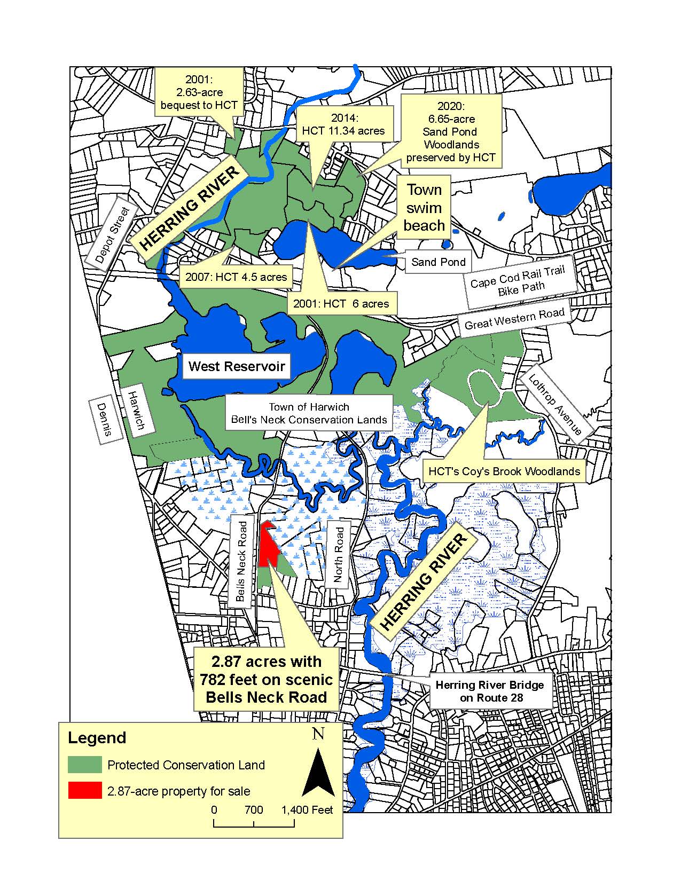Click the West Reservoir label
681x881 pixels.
point(237,366)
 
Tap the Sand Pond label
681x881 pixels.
point(438,262)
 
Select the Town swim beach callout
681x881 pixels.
point(424,208)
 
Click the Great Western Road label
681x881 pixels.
point(514,319)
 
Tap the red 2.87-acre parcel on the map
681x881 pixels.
point(268,545)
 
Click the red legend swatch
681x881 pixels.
point(84,790)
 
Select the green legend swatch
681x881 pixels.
point(84,765)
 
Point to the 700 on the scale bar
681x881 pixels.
point(254,809)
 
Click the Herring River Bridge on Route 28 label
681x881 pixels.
point(490,691)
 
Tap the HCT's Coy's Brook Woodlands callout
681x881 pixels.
point(504,471)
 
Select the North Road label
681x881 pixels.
point(338,554)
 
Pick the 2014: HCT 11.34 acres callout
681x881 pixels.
point(343,124)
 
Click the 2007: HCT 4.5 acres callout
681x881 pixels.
point(236,277)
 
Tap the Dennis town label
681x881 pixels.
point(104,420)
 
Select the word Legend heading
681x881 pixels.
point(97,737)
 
